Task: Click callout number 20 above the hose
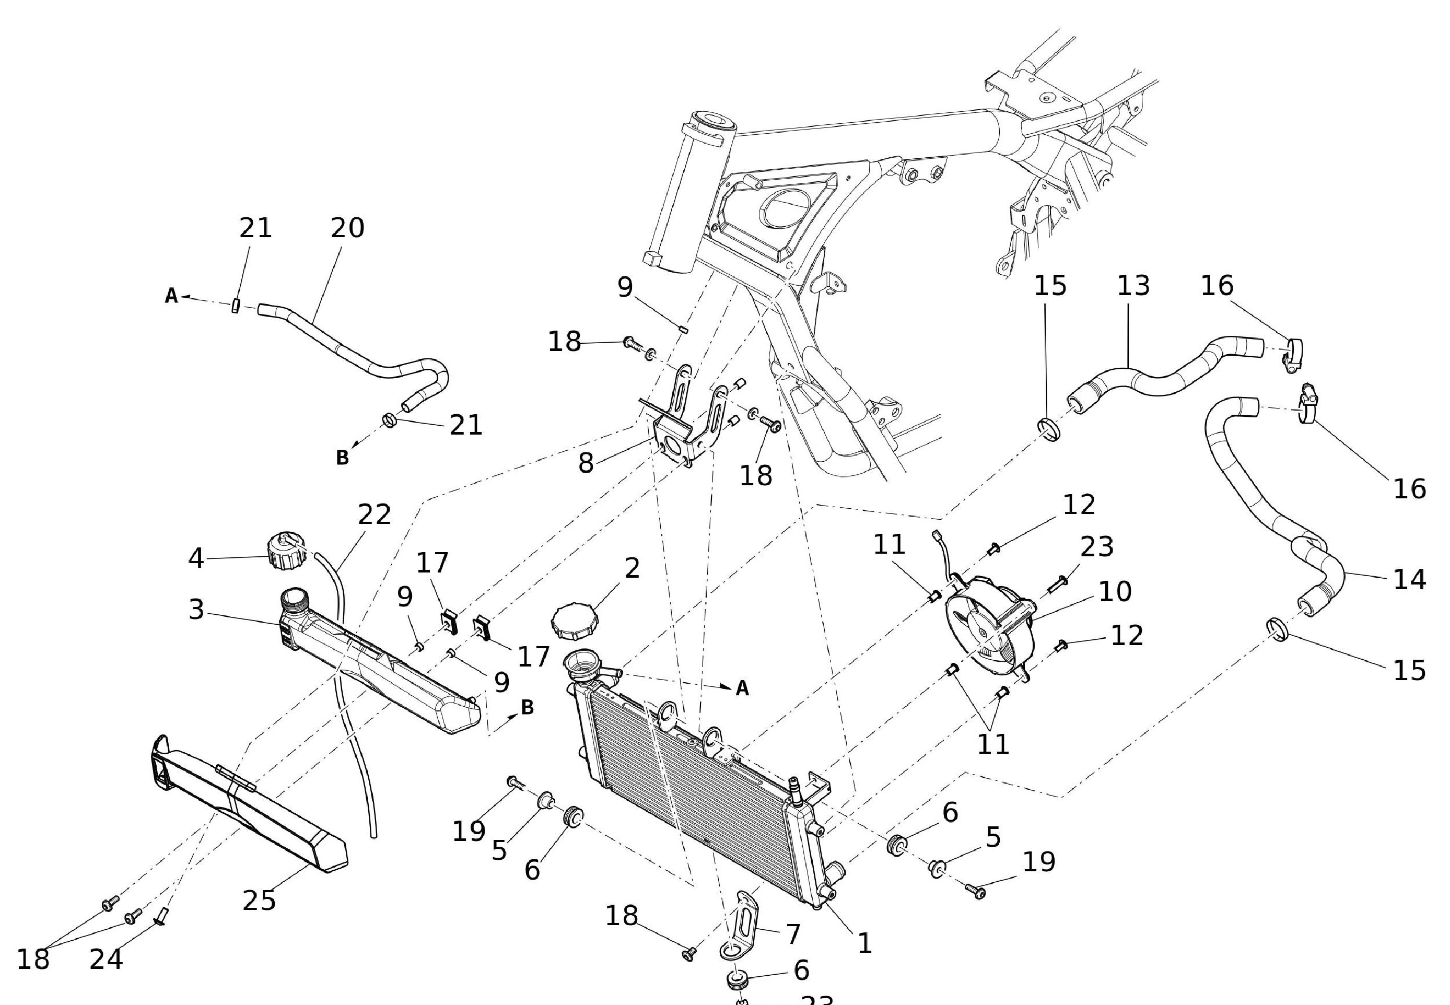[x=347, y=228]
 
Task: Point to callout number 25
[x=259, y=901]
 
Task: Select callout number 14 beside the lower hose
[x=1409, y=579]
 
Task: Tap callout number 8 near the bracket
[x=586, y=463]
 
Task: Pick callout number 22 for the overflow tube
[x=374, y=515]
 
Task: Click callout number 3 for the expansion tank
[x=196, y=610]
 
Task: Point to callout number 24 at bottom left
[x=106, y=960]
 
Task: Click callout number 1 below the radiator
[x=864, y=943]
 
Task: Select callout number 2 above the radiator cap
[x=632, y=568]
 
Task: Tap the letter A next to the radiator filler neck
[x=742, y=689]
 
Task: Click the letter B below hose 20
[x=342, y=458]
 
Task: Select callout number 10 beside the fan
[x=1115, y=591]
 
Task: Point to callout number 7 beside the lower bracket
[x=793, y=934]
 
